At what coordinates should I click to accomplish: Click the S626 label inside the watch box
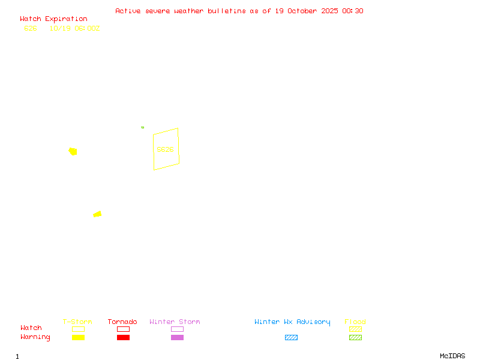point(165,149)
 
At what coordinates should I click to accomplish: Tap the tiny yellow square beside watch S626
point(142,127)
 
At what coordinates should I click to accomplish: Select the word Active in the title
point(128,11)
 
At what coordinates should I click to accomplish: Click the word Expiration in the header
point(66,19)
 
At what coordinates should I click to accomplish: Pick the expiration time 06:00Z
point(87,28)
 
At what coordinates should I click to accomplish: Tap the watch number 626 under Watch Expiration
point(30,28)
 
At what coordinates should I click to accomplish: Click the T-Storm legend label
point(77,322)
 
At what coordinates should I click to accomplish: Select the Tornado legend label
point(122,322)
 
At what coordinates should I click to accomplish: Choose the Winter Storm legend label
point(175,322)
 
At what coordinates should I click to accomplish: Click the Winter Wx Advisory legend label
point(292,322)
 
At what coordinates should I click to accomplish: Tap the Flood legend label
point(355,322)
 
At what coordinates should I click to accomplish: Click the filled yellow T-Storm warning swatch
point(78,338)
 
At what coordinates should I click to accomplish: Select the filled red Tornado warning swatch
point(123,338)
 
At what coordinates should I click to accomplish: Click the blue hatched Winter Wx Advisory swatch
point(291,338)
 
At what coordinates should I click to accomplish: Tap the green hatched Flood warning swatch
point(355,338)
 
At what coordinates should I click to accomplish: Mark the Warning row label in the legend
point(35,337)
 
